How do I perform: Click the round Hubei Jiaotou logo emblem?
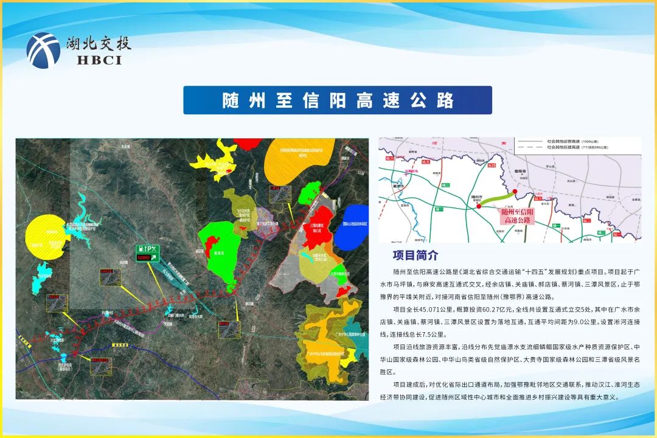click(x=43, y=50)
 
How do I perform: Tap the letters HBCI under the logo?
click(x=100, y=60)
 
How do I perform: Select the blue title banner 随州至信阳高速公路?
click(x=338, y=100)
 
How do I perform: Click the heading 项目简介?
click(x=415, y=255)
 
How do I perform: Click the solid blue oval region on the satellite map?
click(x=356, y=227)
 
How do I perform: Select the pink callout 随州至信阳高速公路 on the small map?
click(x=517, y=215)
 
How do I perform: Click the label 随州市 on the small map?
click(x=477, y=197)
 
